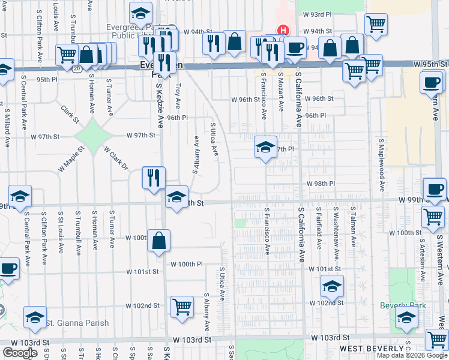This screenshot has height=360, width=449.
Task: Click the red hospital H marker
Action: [282, 30]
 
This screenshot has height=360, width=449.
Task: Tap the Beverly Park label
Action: [403, 305]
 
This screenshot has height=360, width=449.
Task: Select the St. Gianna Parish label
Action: [80, 323]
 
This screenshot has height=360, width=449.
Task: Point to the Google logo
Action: [20, 352]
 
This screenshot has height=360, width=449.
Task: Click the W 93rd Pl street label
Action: [318, 14]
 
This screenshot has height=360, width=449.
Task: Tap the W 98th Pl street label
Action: [320, 184]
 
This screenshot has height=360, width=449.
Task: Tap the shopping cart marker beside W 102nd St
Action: [182, 307]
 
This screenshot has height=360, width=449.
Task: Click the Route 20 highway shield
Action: [77, 69]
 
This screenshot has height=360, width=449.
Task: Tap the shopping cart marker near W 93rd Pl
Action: [376, 25]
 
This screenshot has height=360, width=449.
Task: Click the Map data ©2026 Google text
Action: [412, 355]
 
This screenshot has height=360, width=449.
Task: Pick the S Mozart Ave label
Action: [281, 92]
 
